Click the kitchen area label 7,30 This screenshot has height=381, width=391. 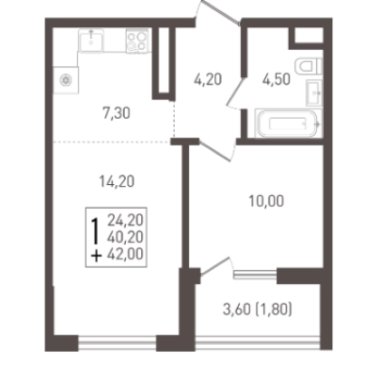point(117,113)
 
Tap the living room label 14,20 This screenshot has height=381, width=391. point(117,181)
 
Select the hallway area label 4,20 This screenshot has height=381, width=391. point(208,80)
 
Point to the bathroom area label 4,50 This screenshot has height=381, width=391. point(276,80)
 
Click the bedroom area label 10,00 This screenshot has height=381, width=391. point(266,201)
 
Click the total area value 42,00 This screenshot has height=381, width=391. point(125,254)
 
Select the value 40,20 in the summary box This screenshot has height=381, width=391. point(125,237)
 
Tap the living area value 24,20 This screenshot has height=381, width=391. point(125,220)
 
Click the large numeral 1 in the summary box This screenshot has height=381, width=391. point(95,231)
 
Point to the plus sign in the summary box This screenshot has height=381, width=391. point(96,257)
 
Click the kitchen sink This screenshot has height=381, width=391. point(91,41)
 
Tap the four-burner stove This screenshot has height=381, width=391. point(138,41)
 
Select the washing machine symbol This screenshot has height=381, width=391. point(66,80)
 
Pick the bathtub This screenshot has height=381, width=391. point(289,123)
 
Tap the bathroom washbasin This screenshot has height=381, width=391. point(314,93)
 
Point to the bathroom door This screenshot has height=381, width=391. point(235,93)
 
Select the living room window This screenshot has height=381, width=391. point(118,342)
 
